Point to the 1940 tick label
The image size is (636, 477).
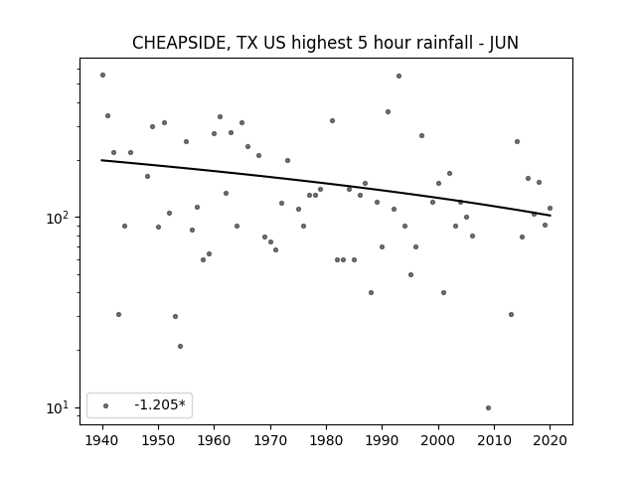click(102, 440)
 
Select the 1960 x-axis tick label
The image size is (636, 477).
click(215, 440)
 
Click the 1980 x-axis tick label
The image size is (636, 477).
click(326, 440)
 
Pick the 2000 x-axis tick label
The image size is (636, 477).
click(438, 440)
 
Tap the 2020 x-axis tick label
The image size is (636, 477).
click(550, 440)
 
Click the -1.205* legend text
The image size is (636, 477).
click(160, 404)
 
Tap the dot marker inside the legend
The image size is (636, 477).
click(106, 405)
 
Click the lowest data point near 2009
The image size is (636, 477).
click(488, 407)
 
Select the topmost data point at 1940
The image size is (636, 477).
click(102, 76)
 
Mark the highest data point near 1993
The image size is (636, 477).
click(398, 76)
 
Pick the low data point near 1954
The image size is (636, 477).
click(180, 346)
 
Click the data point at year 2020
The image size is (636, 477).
click(550, 208)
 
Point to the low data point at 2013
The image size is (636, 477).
click(511, 314)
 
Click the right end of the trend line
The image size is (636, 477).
click(551, 215)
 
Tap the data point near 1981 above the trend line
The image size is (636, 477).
click(332, 120)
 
